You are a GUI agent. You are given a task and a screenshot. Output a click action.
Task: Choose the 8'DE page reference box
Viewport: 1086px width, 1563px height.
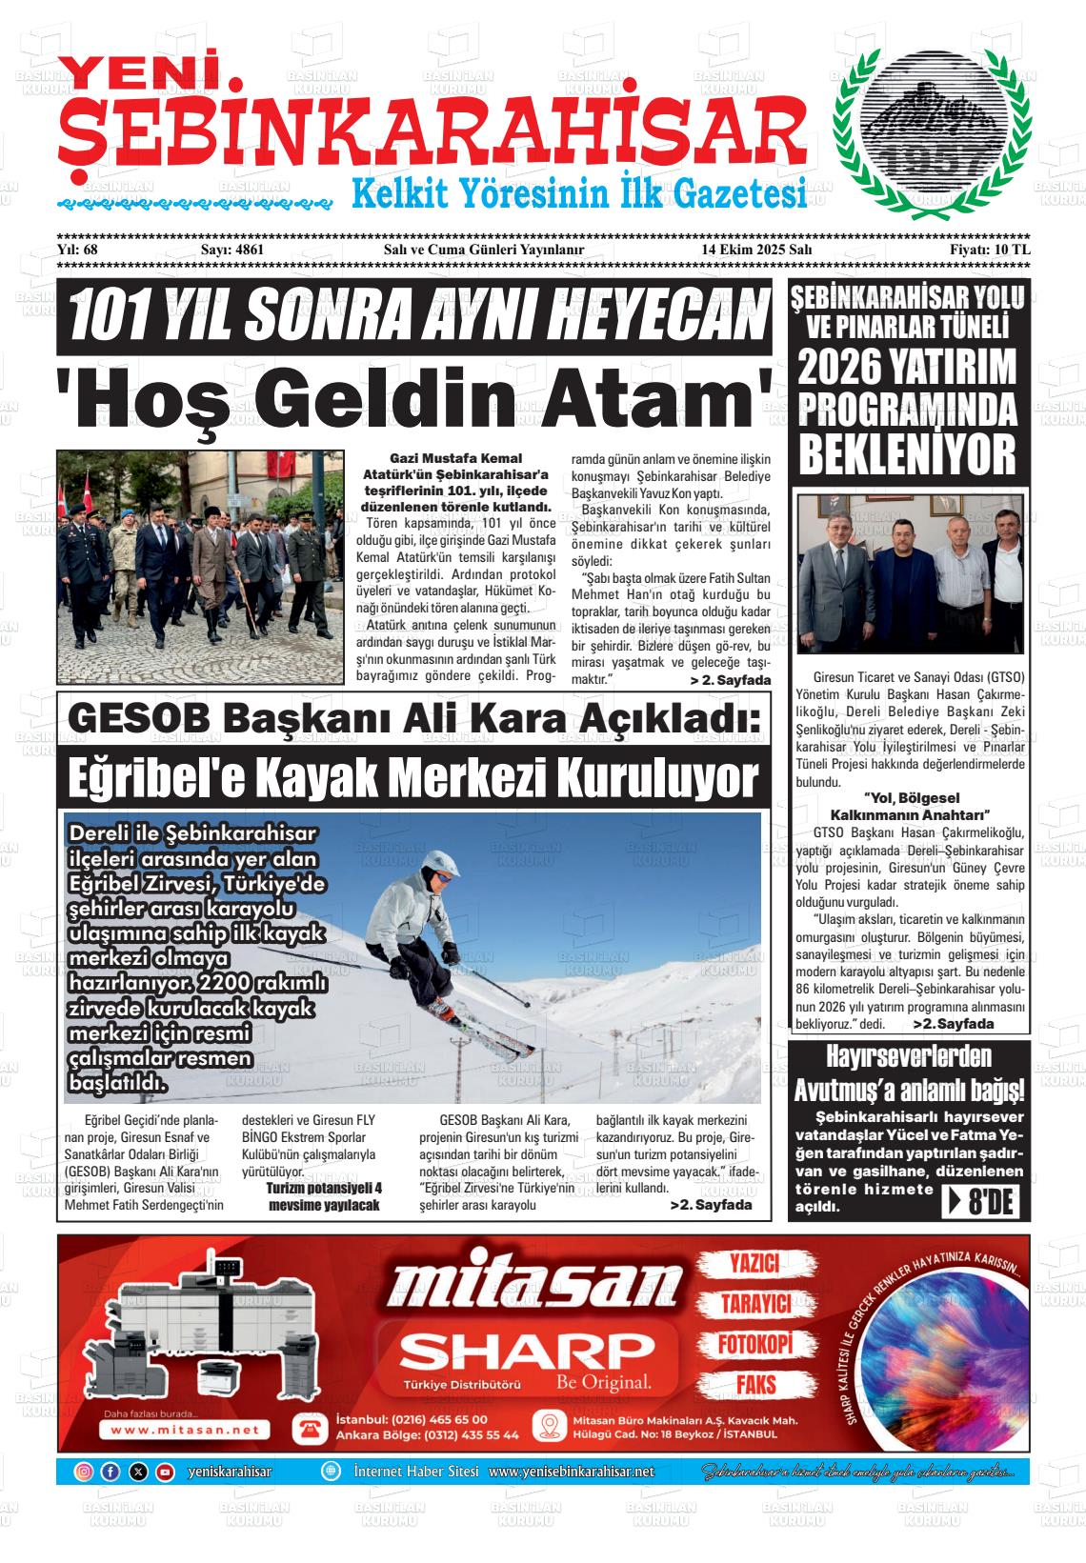pos(986,1203)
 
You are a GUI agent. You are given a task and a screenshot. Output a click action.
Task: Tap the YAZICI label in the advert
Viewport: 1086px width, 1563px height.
pos(754,1264)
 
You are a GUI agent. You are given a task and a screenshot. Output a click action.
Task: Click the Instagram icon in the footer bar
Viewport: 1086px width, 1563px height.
pos(84,1472)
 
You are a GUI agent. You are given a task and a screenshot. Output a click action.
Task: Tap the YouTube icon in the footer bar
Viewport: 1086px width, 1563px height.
pos(165,1472)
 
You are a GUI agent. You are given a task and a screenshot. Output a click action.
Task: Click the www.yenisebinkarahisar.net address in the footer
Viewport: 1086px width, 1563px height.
pos(571,1473)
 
